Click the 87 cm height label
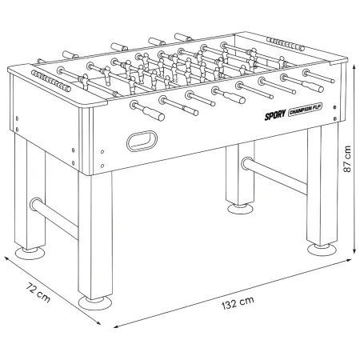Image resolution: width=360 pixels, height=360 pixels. click(347, 159)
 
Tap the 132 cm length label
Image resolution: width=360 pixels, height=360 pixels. click(238, 303)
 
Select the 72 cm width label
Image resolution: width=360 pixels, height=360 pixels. click(38, 293)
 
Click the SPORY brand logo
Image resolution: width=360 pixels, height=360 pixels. click(275, 114)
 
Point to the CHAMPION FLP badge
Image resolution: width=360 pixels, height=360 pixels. click(305, 110)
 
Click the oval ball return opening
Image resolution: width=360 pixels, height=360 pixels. click(142, 141)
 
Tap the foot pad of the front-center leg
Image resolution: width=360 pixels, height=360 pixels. click(95, 303)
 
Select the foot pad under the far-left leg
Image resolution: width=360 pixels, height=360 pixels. click(29, 253)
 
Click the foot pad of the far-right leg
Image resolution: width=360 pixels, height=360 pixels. click(322, 249)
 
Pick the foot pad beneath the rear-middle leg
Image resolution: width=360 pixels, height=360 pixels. click(240, 209)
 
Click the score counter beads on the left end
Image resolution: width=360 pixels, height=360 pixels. click(51, 81)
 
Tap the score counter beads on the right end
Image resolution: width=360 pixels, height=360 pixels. click(286, 44)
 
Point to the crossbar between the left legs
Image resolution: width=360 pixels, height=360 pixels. click(54, 217)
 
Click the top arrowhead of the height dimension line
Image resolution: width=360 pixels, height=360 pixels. click(354, 66)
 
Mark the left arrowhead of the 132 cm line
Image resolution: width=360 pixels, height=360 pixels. click(116, 326)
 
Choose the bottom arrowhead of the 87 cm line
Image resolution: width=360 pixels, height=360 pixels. click(354, 251)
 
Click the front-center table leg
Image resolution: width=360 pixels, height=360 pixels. click(95, 235)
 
